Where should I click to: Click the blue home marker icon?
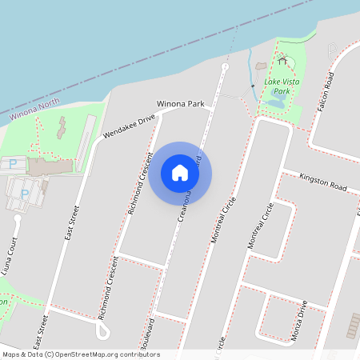[180, 173]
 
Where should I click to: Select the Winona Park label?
[182, 104]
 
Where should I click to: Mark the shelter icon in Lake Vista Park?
[282, 60]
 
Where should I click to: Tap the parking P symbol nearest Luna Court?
[25, 193]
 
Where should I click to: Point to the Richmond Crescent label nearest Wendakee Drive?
[139, 183]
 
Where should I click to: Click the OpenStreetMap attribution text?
[81, 354]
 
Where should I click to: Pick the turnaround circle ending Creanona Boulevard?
[225, 68]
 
